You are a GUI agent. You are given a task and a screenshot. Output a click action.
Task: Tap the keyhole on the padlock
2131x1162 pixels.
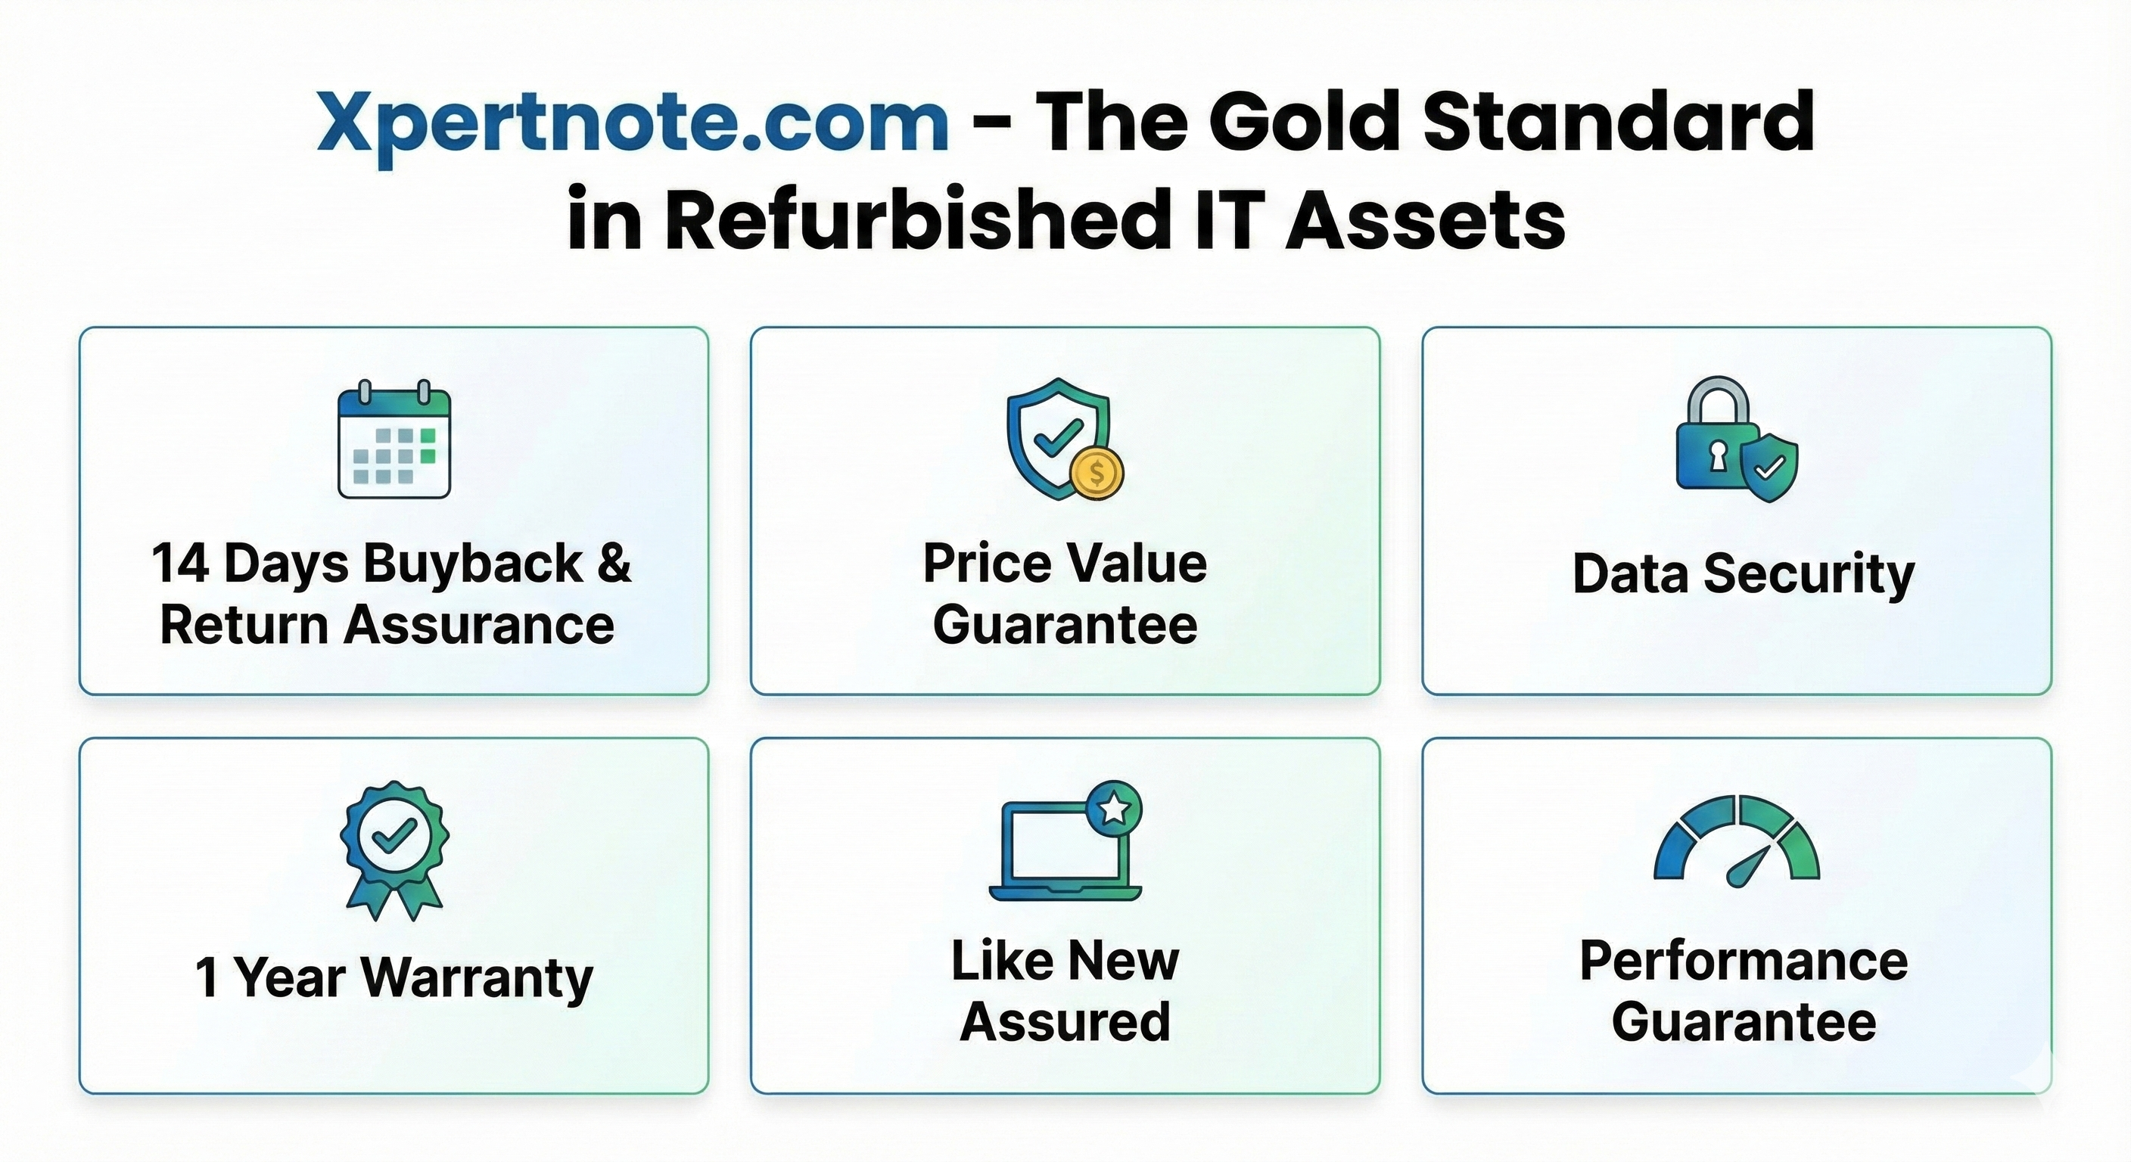point(1719,455)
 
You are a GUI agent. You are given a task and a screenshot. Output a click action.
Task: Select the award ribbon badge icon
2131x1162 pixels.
point(394,850)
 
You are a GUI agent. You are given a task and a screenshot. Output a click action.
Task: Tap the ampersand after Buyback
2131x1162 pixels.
point(613,564)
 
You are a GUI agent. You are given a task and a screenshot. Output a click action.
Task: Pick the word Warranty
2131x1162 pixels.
point(478,977)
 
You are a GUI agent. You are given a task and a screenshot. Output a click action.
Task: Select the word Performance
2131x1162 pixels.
point(1744,961)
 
